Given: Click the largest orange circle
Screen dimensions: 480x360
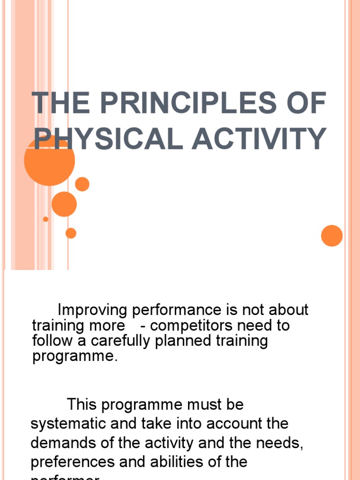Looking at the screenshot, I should [x=49, y=160].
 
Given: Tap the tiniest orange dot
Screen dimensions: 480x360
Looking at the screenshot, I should [x=45, y=219].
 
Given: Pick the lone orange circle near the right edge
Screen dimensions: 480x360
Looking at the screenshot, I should [x=332, y=235].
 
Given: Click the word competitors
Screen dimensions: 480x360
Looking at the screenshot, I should [x=188, y=325].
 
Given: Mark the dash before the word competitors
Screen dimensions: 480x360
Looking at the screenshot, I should [x=142, y=326].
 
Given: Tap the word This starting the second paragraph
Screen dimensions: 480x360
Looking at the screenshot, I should [x=83, y=405].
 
